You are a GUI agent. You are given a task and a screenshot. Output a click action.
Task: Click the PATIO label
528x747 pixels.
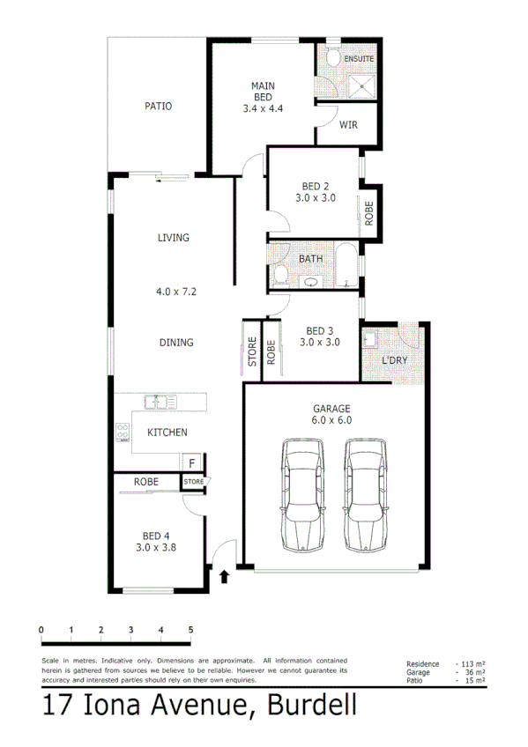pos(158,107)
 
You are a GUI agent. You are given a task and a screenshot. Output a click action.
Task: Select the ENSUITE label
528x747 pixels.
pos(359,59)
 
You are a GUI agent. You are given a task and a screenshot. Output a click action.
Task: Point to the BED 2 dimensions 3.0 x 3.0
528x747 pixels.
pos(315,199)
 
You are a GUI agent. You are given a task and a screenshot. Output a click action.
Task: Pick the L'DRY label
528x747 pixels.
pos(394,362)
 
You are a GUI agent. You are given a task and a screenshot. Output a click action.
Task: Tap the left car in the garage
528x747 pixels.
pos(301,494)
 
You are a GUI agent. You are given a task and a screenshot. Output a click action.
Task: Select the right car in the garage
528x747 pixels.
pos(364,494)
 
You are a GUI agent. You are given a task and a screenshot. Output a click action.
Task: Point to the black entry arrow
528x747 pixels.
pos(224,577)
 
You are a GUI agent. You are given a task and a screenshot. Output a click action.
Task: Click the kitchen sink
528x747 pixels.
pos(162,403)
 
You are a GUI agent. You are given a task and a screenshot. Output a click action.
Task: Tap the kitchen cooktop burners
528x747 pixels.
pos(122,433)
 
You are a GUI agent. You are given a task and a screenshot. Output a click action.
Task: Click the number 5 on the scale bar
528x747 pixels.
pos(190,629)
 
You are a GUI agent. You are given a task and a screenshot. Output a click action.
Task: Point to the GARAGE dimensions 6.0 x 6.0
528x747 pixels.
pos(331,421)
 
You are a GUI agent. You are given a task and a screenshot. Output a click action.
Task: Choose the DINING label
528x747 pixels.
pos(176,343)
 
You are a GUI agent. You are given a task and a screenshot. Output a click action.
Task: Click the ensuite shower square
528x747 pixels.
pos(361,85)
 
